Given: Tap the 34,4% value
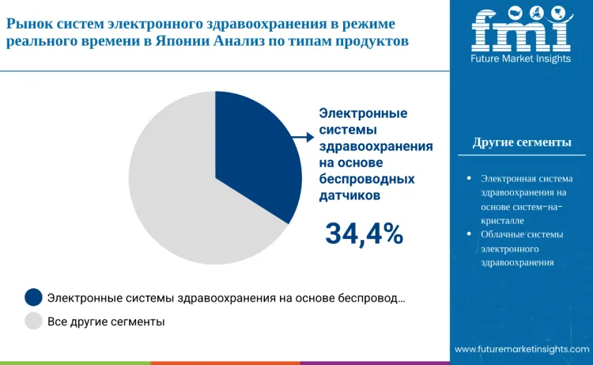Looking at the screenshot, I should pyautogui.click(x=364, y=234).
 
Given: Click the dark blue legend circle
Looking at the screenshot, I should pyautogui.click(x=33, y=298).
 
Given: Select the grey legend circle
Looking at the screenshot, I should pyautogui.click(x=33, y=321).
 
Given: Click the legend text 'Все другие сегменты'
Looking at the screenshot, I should pyautogui.click(x=106, y=321).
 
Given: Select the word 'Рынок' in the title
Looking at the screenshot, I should pyautogui.click(x=30, y=25).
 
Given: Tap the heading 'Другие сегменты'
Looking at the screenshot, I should pyautogui.click(x=522, y=143).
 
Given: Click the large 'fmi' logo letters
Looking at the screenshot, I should pyautogui.click(x=521, y=29).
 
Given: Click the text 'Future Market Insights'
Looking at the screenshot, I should pyautogui.click(x=522, y=59).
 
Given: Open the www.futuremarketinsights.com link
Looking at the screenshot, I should pyautogui.click(x=521, y=348).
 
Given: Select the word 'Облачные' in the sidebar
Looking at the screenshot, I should pyautogui.click(x=502, y=234).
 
